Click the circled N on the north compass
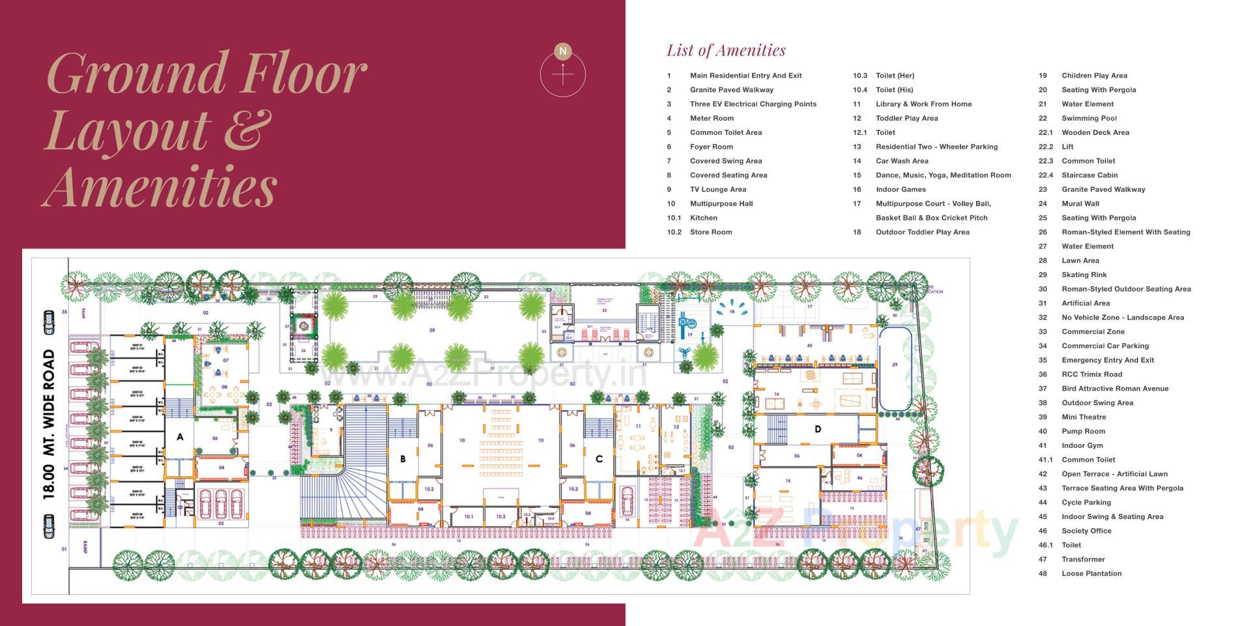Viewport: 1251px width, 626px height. pyautogui.click(x=563, y=51)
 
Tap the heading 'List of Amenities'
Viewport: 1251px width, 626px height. pyautogui.click(x=726, y=50)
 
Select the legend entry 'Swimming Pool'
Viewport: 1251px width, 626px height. pyautogui.click(x=1089, y=118)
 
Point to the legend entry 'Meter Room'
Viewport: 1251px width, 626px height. pyautogui.click(x=712, y=118)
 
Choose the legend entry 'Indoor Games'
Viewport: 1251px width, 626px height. pyautogui.click(x=900, y=189)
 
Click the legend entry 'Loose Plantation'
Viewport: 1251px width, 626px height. pyautogui.click(x=1091, y=574)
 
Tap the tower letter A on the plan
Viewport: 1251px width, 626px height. pyautogui.click(x=180, y=437)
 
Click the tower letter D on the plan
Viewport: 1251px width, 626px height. pyautogui.click(x=817, y=428)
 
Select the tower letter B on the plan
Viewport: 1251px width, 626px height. pyautogui.click(x=403, y=459)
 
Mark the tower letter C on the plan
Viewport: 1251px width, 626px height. pyautogui.click(x=599, y=459)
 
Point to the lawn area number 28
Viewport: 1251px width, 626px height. pyautogui.click(x=431, y=331)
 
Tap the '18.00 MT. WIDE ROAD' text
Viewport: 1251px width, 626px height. pyautogui.click(x=49, y=425)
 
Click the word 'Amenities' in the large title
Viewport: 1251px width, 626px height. pyautogui.click(x=160, y=186)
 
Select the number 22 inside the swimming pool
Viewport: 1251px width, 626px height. pyautogui.click(x=605, y=310)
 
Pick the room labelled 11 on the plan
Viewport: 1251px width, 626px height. pyautogui.click(x=638, y=426)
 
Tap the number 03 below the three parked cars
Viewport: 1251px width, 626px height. pyautogui.click(x=221, y=523)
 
